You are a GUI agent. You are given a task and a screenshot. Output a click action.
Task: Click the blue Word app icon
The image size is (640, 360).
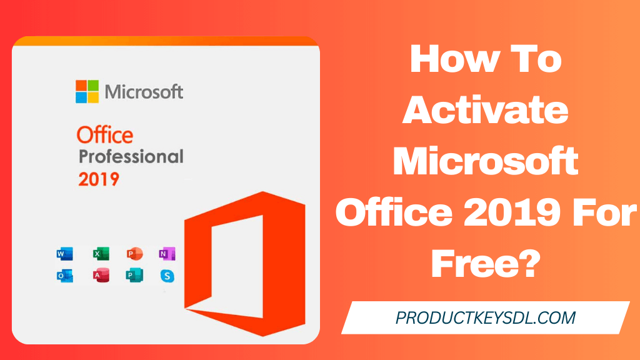click(64, 254)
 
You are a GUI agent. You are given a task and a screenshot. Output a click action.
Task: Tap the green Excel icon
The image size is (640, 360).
click(101, 254)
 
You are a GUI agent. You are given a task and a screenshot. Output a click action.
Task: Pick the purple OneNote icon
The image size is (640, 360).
click(167, 254)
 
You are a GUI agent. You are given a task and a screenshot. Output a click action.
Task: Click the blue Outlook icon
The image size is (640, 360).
click(64, 276)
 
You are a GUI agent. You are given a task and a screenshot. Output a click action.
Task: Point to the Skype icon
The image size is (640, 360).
click(167, 276)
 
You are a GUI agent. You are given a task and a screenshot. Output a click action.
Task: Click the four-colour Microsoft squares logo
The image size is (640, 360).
click(87, 91)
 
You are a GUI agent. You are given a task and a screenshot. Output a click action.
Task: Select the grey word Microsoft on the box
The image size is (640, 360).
click(144, 92)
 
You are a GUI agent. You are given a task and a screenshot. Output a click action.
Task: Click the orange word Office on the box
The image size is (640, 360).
click(104, 134)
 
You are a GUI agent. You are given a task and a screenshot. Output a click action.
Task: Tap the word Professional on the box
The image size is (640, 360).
click(131, 156)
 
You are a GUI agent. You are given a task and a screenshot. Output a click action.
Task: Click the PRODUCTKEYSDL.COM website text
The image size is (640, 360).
click(485, 318)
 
